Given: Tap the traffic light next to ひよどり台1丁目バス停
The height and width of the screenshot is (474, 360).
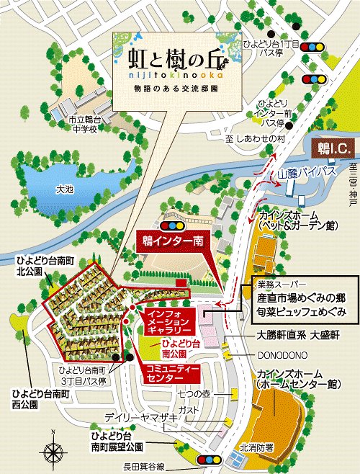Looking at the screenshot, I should click(x=314, y=47).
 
